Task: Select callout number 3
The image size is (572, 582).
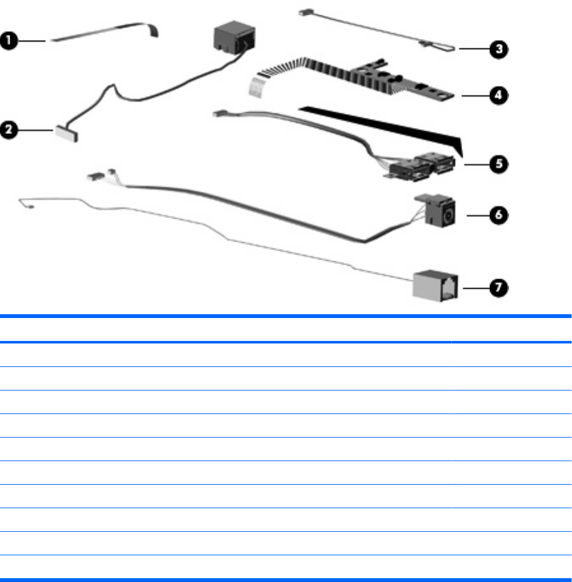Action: click(501, 49)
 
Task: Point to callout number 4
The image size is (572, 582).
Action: click(501, 95)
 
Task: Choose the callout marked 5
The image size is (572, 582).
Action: click(501, 163)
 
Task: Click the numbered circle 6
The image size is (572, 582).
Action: click(501, 216)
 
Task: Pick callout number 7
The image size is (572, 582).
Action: click(501, 288)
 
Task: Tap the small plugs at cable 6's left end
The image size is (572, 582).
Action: click(102, 174)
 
